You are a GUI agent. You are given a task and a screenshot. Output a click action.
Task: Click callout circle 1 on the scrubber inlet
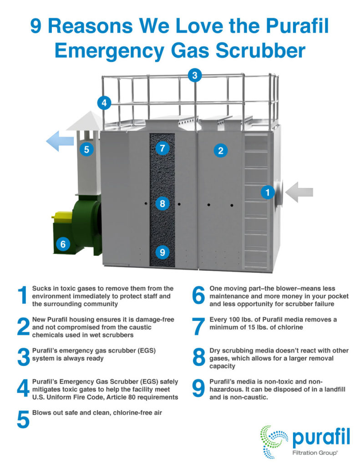tap(268, 192)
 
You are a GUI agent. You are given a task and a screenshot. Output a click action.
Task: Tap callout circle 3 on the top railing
tap(195, 76)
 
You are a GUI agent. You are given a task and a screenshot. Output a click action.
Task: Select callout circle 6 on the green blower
tap(63, 244)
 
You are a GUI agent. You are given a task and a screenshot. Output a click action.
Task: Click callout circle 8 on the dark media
tap(162, 203)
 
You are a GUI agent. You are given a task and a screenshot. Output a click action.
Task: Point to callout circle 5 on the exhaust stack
tap(86, 149)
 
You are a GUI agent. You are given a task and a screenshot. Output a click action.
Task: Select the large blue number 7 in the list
tap(198, 326)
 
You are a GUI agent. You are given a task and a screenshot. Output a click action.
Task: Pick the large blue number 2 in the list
tap(23, 326)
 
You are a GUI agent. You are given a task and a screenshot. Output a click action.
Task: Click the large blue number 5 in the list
tap(23, 419)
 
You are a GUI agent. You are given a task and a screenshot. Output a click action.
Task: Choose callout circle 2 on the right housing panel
tap(221, 151)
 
